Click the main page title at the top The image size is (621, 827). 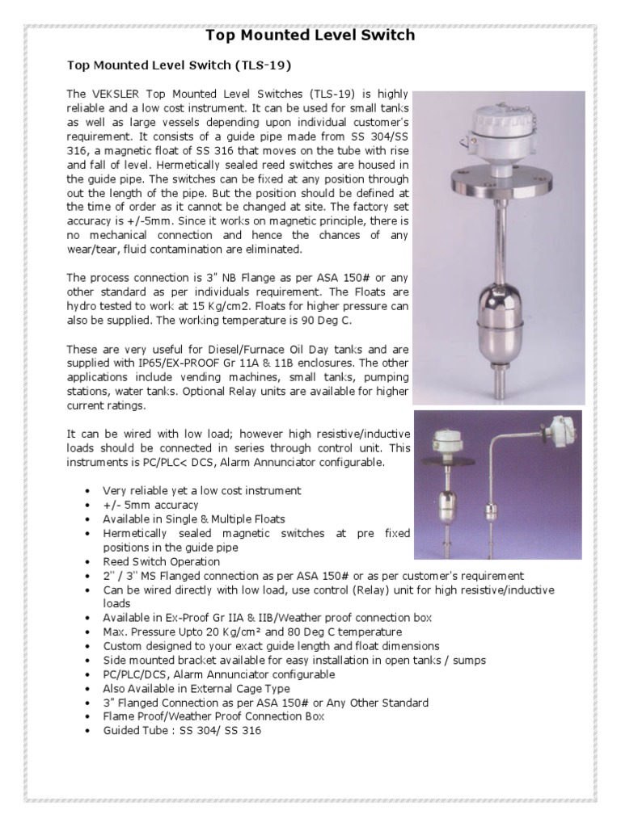(310, 35)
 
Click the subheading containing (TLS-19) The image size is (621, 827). (178, 65)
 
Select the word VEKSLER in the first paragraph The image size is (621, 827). (115, 94)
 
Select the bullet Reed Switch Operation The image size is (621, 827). (161, 561)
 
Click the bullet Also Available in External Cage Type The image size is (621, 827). (196, 688)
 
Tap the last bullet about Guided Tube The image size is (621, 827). (182, 730)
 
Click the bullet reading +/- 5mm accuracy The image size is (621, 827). (150, 505)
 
